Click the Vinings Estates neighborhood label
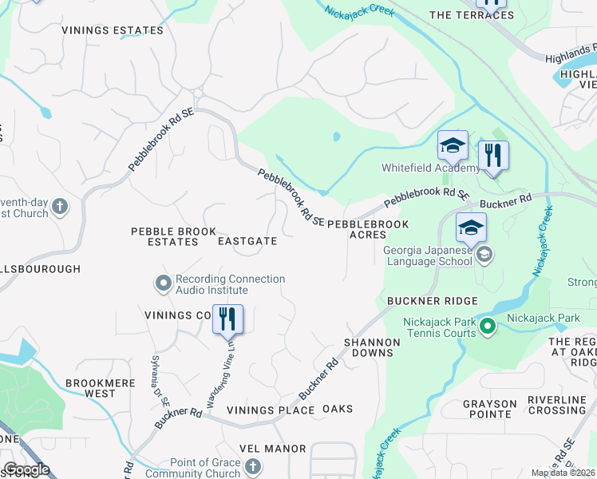[113, 30]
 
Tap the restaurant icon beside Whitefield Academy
[493, 155]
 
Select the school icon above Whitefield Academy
[453, 146]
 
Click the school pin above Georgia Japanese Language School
[471, 227]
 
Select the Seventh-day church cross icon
[61, 208]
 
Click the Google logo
[26, 469]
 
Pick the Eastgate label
[247, 241]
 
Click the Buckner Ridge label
[433, 301]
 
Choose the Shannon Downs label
[372, 347]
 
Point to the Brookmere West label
[101, 389]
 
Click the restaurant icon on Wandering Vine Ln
[227, 319]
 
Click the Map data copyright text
[563, 473]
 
